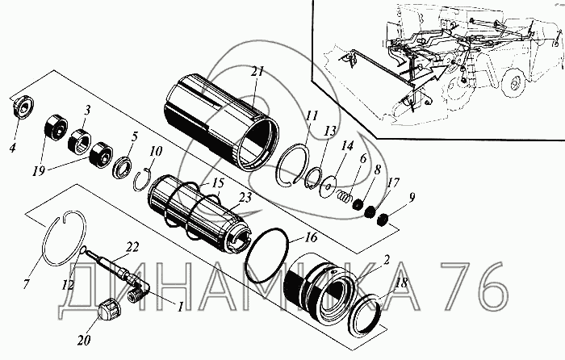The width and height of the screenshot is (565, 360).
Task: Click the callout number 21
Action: [x=257, y=72]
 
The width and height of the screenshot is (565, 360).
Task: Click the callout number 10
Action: [x=155, y=150]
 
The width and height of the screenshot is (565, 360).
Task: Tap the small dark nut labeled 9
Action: [x=384, y=218]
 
